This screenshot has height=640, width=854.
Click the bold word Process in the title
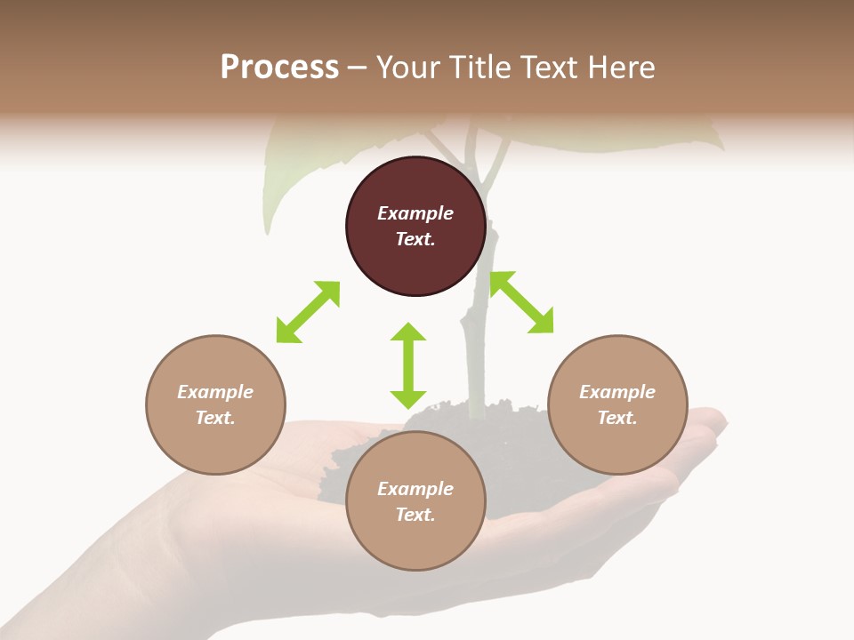tap(279, 68)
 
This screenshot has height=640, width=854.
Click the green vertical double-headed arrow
tap(408, 365)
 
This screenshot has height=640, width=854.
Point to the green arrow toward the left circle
tap(308, 312)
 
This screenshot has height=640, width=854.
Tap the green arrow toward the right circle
tap(521, 302)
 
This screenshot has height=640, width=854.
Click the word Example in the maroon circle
tap(415, 213)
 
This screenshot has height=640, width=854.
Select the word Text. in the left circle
tap(215, 418)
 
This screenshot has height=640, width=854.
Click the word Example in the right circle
tap(617, 392)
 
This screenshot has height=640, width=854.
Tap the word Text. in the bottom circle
tap(415, 515)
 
